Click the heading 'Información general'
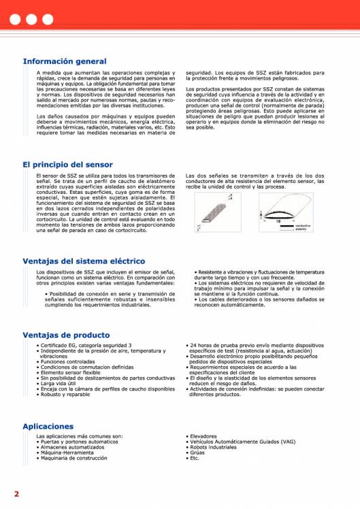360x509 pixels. click(x=65, y=61)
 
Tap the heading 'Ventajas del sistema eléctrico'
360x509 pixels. click(x=84, y=261)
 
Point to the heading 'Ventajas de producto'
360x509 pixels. click(x=66, y=335)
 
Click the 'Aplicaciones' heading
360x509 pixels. click(x=48, y=426)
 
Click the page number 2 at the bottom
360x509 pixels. click(x=16, y=492)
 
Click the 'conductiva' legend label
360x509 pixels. click(x=303, y=225)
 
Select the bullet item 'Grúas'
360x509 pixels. click(x=197, y=453)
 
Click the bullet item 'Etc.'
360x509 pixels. click(x=195, y=458)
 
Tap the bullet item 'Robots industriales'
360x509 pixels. click(x=213, y=447)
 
